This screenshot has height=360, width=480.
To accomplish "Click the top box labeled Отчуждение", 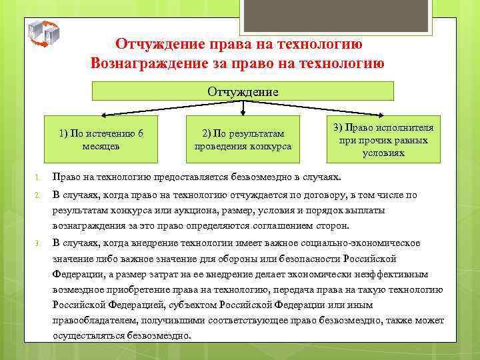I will point(243,91).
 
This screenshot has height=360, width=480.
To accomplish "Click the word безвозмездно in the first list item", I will point(265,178).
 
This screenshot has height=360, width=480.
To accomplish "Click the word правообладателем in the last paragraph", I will point(95,321).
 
